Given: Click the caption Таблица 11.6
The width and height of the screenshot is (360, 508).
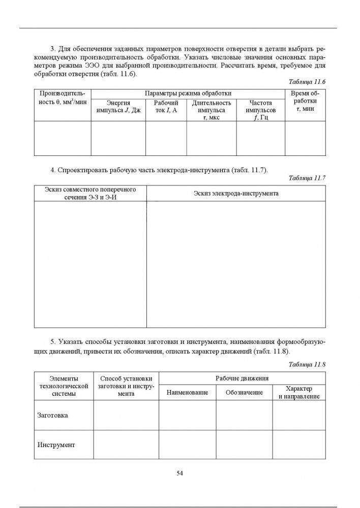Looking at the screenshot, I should pyautogui.click(x=307, y=82).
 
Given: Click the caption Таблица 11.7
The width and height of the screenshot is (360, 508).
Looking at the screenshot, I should pyautogui.click(x=307, y=178).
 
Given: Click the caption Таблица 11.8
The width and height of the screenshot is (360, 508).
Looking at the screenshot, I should pyautogui.click(x=307, y=364).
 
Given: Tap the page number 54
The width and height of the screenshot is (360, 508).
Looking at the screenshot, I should pyautogui.click(x=179, y=473).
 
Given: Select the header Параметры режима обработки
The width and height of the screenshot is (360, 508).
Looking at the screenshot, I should pyautogui.click(x=188, y=93).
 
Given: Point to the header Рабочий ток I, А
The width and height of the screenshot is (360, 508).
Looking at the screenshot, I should pyautogui.click(x=166, y=106).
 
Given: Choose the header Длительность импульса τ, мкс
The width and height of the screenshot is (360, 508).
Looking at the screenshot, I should pyautogui.click(x=212, y=110).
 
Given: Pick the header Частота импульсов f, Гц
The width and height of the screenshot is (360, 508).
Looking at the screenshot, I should pyautogui.click(x=260, y=110).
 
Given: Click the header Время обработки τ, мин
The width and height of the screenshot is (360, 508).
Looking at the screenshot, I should pyautogui.click(x=305, y=102).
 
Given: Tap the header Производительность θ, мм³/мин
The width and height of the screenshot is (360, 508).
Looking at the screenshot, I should pyautogui.click(x=62, y=98).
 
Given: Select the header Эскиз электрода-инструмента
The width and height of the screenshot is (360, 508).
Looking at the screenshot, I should pyautogui.click(x=236, y=194).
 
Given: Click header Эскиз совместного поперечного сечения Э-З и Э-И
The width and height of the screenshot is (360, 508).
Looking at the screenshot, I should pyautogui.click(x=90, y=193).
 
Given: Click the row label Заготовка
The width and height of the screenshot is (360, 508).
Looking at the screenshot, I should pyautogui.click(x=53, y=415).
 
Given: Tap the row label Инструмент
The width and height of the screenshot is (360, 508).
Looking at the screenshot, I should pyautogui.click(x=56, y=444).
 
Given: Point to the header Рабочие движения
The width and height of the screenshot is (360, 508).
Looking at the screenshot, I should pyautogui.click(x=242, y=378).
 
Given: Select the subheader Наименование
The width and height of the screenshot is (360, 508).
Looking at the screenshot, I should pyautogui.click(x=188, y=393).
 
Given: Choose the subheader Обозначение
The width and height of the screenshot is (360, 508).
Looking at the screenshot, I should pyautogui.click(x=245, y=393).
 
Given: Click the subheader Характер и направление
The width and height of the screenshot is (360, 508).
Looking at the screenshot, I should pyautogui.click(x=299, y=392).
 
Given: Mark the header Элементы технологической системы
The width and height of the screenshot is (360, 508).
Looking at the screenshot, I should pyautogui.click(x=64, y=386).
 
